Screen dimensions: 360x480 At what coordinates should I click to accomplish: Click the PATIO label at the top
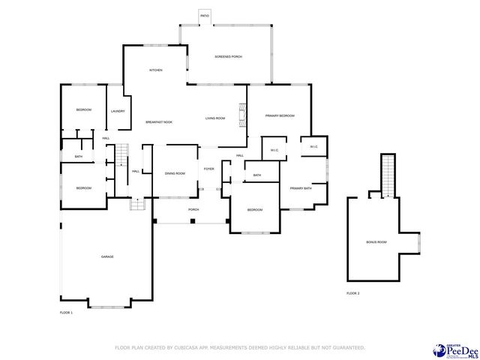[205, 15]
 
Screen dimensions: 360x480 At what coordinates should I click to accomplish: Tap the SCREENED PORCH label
[227, 56]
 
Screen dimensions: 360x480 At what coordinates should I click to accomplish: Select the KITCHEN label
[156, 70]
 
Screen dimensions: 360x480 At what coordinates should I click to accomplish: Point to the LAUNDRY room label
[117, 111]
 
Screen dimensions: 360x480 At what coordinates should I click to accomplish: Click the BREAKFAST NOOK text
[159, 121]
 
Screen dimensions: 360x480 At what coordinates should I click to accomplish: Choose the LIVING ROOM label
[215, 118]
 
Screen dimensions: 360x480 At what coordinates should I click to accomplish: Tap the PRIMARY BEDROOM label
[280, 115]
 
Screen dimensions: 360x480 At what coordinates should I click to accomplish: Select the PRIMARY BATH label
[301, 187]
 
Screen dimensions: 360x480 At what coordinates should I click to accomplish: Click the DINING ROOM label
[175, 173]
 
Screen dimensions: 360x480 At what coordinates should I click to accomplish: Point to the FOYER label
[208, 169]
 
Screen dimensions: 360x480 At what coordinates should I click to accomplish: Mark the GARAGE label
[107, 256]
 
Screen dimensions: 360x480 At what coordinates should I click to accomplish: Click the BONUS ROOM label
[376, 241]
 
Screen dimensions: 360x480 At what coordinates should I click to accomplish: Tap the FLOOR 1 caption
[66, 311]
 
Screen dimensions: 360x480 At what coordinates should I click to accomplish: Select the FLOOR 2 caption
[352, 292]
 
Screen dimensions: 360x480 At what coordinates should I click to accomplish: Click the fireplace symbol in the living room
[241, 112]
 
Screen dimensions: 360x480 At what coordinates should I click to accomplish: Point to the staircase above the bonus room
[388, 175]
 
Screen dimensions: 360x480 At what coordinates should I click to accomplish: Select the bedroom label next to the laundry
[83, 109]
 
